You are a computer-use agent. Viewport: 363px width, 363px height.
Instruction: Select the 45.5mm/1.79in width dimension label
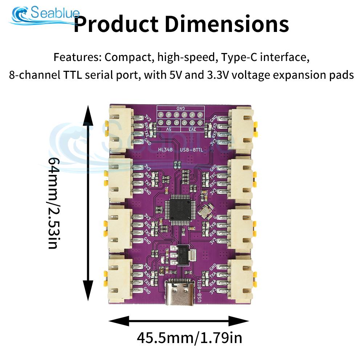(x=189, y=338)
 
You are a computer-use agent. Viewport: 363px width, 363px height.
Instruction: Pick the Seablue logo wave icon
(x=20, y=15)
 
